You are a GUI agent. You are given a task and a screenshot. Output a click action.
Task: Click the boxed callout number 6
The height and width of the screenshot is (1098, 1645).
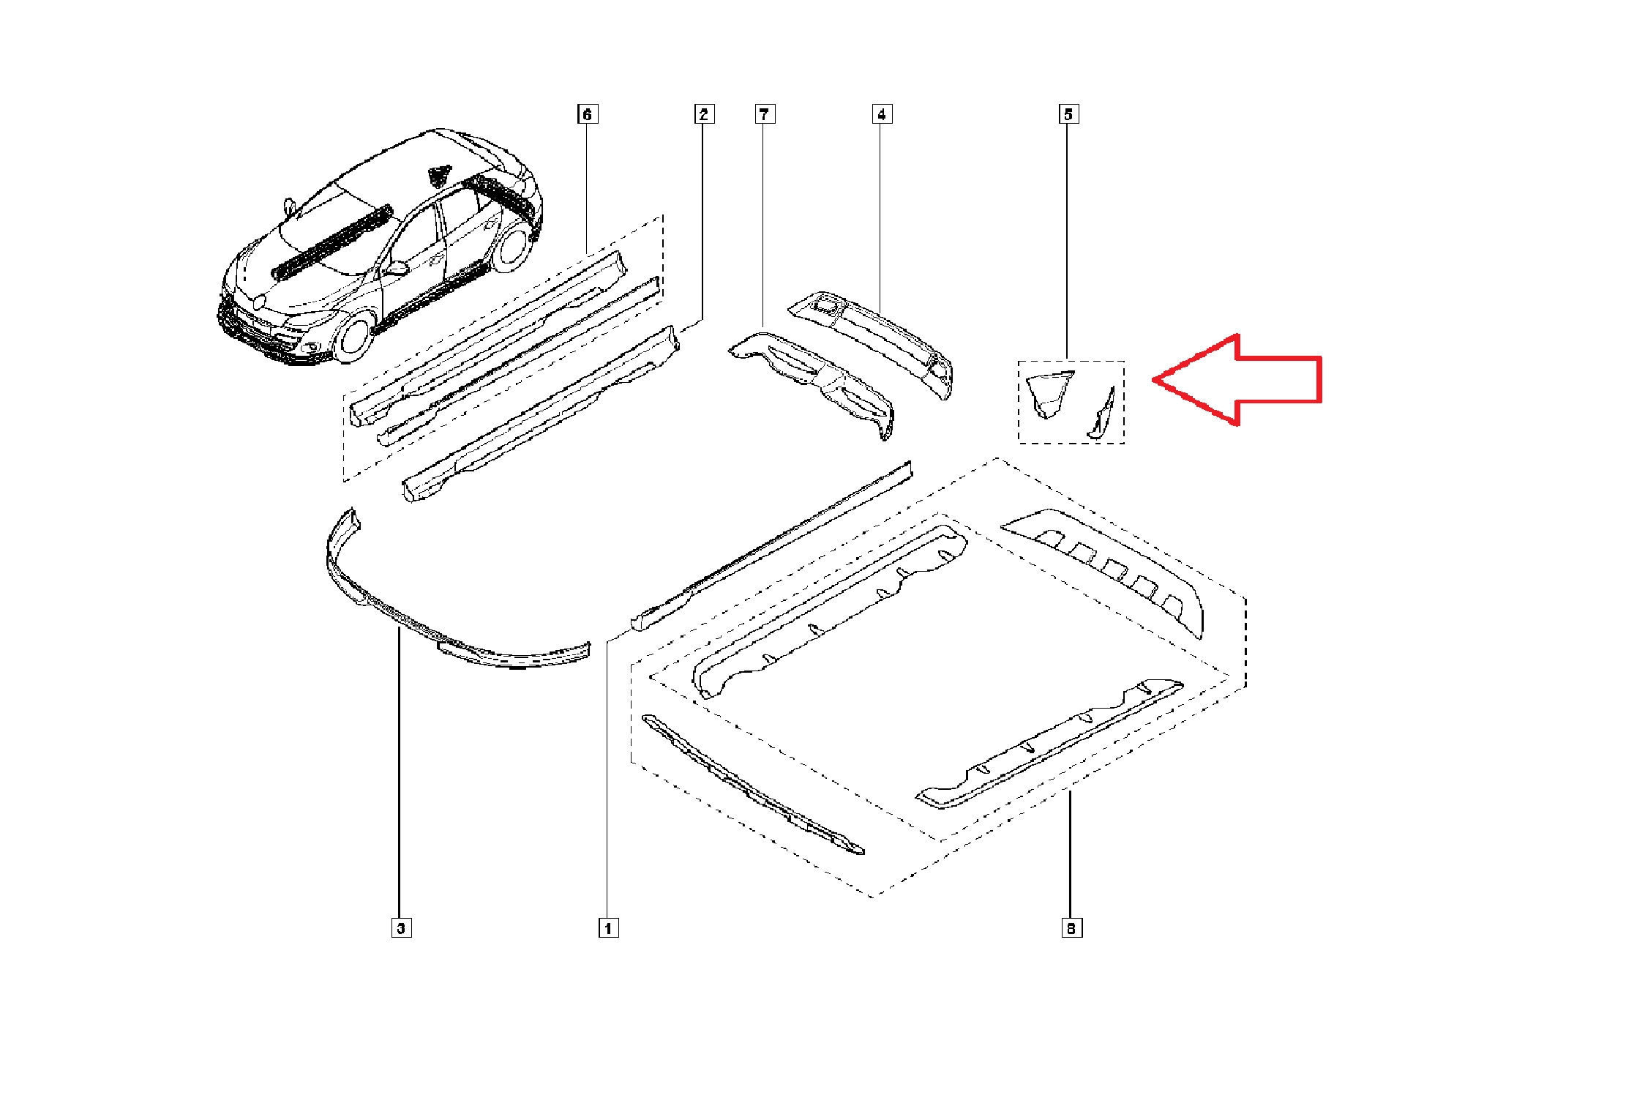(587, 114)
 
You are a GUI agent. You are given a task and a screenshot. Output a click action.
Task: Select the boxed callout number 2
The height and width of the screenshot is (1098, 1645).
(703, 114)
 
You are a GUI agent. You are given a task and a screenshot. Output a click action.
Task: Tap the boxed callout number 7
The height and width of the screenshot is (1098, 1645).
(764, 114)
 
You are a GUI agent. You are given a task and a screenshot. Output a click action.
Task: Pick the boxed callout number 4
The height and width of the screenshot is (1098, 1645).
(882, 114)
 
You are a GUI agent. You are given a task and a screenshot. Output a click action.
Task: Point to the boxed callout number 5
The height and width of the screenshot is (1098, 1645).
(1068, 114)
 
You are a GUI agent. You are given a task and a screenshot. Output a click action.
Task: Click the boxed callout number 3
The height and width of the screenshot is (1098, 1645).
(401, 928)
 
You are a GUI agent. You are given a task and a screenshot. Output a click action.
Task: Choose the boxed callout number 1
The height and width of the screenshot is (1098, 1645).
(608, 928)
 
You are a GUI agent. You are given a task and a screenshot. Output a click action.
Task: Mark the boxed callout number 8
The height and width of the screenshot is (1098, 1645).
(1071, 928)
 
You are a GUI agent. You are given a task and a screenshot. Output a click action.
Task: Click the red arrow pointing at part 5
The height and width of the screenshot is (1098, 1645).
(1237, 380)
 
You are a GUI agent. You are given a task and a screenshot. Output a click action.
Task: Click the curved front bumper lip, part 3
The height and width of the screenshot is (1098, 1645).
(439, 622)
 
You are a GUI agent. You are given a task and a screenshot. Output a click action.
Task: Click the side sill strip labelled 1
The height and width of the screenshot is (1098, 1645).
(772, 545)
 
